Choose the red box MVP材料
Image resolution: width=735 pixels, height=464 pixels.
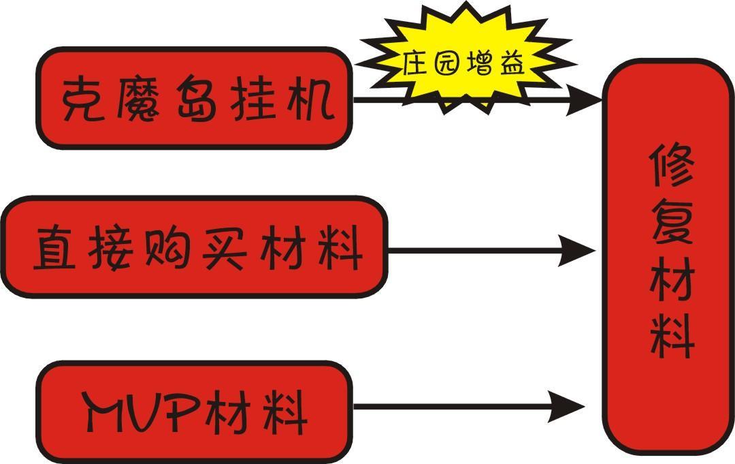[195, 410]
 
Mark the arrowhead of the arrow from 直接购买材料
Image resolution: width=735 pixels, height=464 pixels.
[578, 250]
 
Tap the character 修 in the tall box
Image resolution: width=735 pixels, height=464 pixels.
[671, 167]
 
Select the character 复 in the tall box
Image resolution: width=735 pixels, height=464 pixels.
[671, 225]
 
